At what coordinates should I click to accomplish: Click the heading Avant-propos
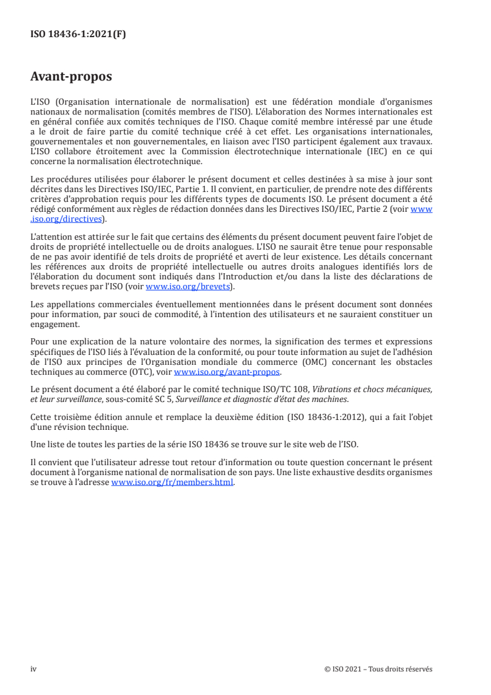(x=71, y=77)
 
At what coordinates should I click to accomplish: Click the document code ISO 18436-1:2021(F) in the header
(x=78, y=35)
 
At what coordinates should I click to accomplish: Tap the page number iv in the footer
(x=34, y=669)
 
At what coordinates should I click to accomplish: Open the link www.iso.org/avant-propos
(x=227, y=372)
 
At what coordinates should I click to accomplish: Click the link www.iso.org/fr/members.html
(x=172, y=483)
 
